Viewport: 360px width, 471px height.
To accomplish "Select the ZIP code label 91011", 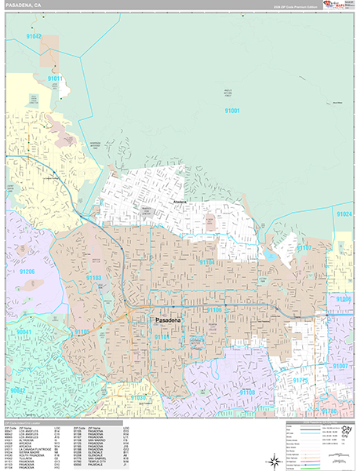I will point(55,79).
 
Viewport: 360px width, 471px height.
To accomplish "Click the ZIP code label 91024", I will point(344,214).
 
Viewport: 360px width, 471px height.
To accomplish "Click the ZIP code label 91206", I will point(27,272).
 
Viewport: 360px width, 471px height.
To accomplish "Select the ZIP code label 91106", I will point(214,310).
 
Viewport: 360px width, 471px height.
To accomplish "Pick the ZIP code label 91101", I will point(162,337).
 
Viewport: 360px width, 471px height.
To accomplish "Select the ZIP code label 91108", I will point(247,392).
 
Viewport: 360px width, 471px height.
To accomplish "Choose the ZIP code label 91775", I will point(300,380).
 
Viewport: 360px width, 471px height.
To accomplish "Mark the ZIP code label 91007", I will point(341,367).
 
